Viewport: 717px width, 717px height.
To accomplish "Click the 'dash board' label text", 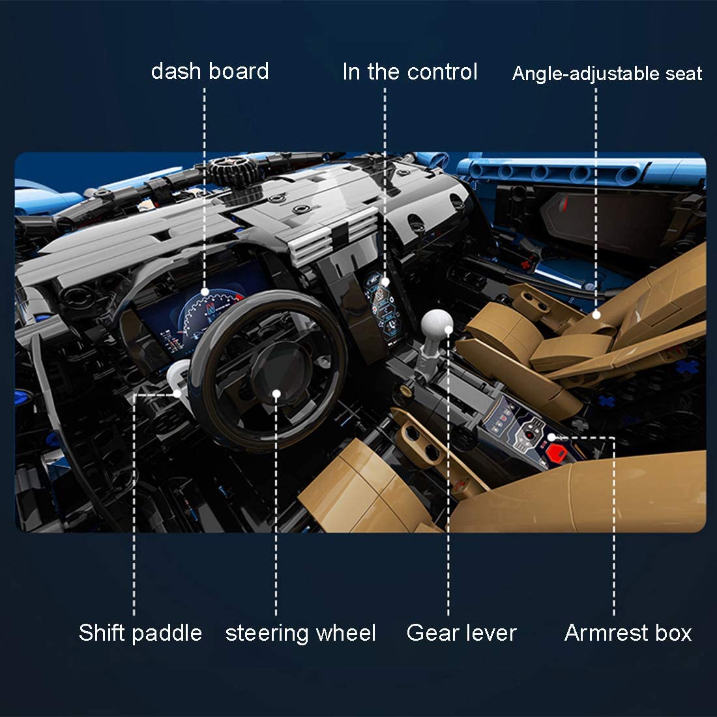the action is coord(210,71).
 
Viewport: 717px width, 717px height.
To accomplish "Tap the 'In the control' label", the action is coord(410,72).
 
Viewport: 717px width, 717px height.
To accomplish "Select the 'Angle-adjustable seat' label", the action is coord(607,74).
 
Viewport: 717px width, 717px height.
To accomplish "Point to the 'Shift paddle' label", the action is coord(140,634).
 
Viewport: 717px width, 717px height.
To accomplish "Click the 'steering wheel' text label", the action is coord(300,634).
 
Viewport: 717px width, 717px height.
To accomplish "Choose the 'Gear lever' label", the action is coord(461,633).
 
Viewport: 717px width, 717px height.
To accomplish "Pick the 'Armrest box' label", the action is coord(628,633).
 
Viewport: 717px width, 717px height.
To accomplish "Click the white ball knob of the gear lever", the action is coord(437,324).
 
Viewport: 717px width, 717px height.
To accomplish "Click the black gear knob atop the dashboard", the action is coord(233,170).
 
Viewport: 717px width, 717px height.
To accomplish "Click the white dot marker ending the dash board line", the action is coord(205,292).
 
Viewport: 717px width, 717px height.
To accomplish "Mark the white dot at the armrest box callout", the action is coord(551,437).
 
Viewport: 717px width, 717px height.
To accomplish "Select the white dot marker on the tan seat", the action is coord(596,315).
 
